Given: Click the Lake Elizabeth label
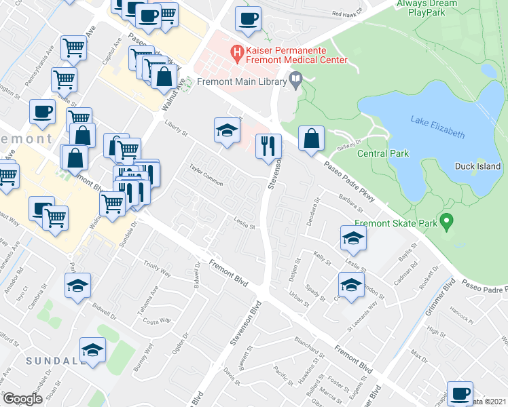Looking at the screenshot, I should tap(437, 127).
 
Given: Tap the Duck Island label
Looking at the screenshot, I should tap(478, 166).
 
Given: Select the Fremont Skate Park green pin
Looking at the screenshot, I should tap(446, 220).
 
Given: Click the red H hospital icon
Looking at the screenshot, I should tap(237, 52).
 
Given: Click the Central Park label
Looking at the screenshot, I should tap(384, 153).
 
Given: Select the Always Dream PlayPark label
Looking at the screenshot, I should tap(428, 8).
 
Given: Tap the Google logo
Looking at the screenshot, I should tap(23, 399).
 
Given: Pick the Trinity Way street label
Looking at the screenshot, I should tap(157, 268).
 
